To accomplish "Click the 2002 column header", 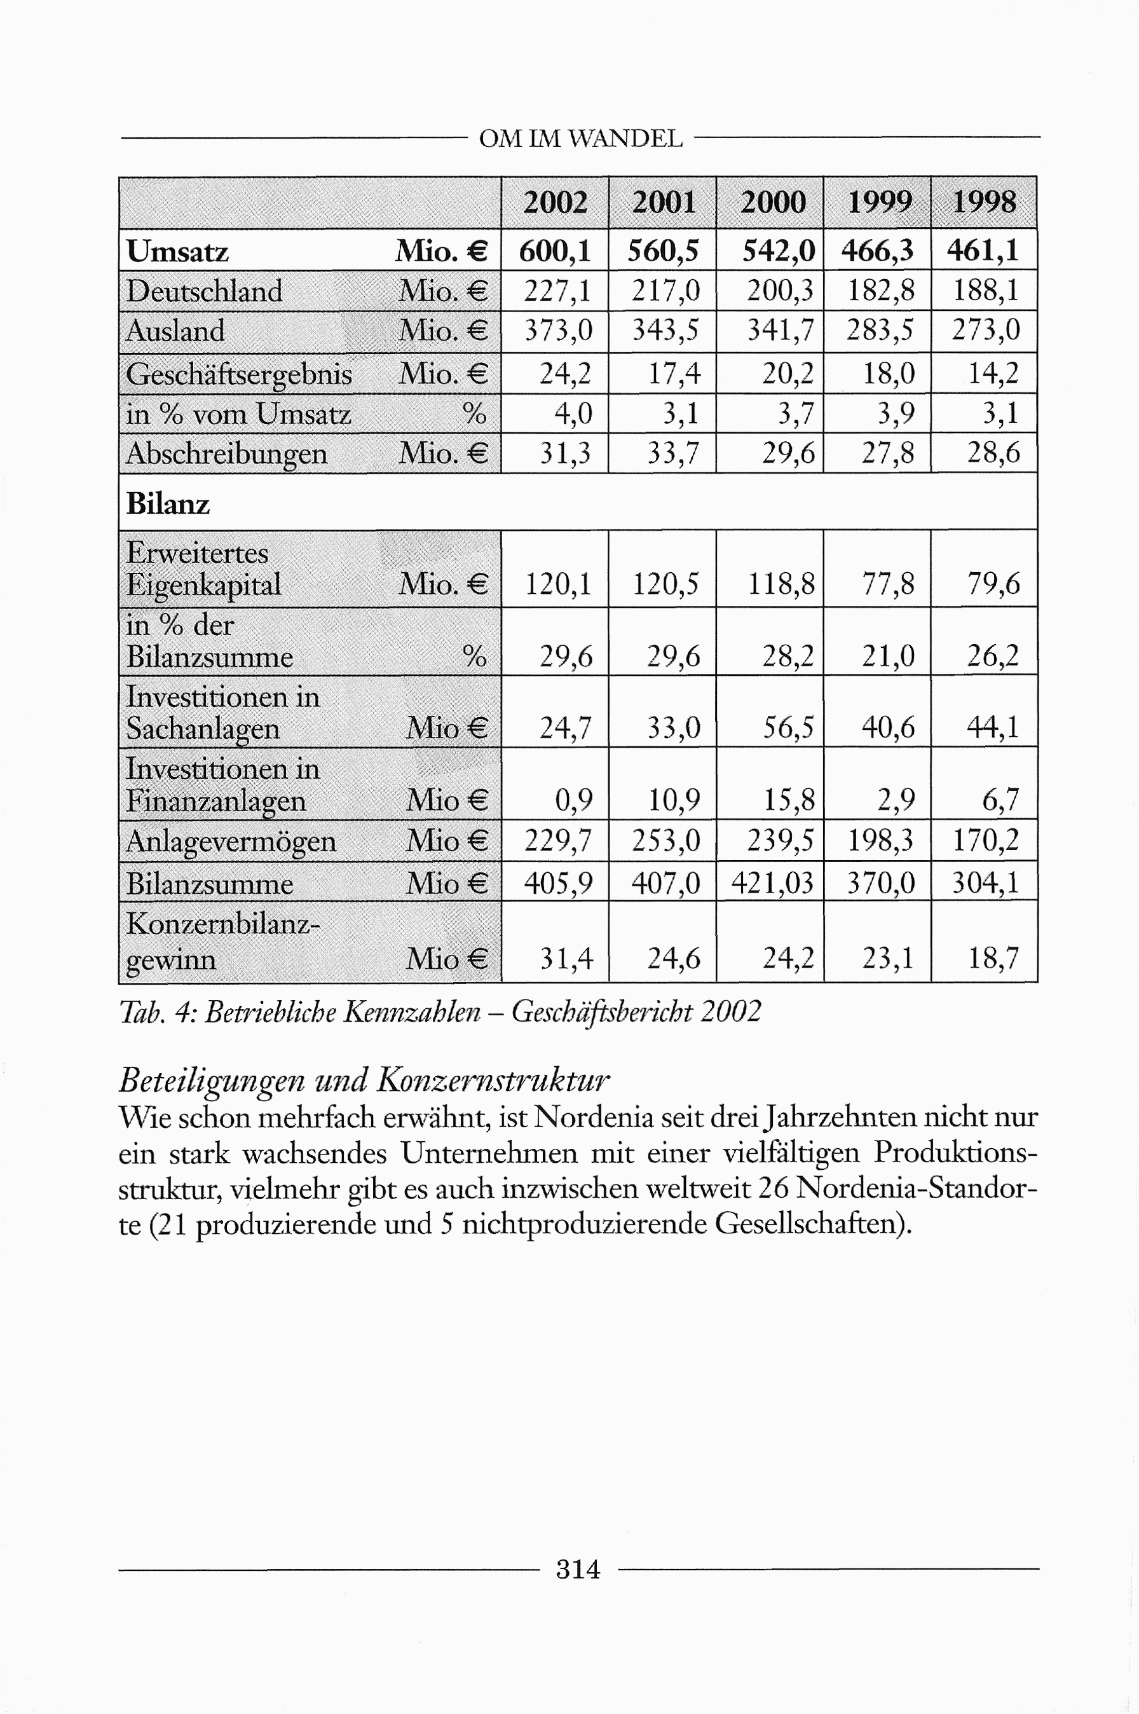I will (555, 203).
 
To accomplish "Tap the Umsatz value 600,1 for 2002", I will (555, 251).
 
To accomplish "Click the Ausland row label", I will (175, 331).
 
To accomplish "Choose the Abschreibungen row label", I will (227, 453).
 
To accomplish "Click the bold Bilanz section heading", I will (168, 504).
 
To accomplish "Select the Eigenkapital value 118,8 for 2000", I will (781, 584).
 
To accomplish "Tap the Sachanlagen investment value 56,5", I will (788, 727).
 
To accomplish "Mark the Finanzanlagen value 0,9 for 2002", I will (573, 800).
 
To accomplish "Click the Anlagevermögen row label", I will (231, 841).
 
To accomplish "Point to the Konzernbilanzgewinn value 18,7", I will (993, 958).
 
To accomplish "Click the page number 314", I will (578, 1570).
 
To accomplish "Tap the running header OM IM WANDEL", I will (580, 139).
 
